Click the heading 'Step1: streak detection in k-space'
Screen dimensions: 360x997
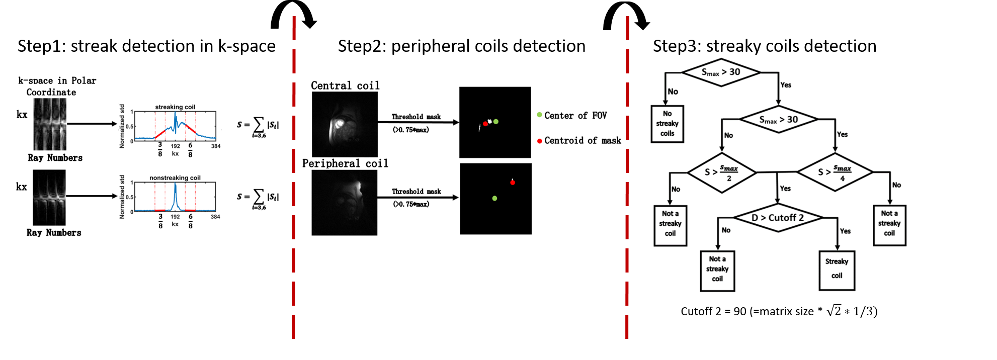point(146,46)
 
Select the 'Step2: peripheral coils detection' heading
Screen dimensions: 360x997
point(461,46)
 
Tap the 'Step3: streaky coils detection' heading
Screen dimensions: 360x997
point(764,46)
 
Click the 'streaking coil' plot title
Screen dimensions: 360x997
point(175,107)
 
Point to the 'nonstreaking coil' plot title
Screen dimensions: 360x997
point(175,178)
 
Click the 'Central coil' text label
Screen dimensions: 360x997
point(345,85)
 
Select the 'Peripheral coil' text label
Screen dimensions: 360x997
point(345,163)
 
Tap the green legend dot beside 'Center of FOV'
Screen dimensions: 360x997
point(540,115)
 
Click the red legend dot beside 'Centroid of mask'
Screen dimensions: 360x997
point(540,141)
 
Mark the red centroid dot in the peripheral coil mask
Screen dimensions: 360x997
point(513,183)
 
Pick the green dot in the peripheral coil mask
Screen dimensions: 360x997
point(494,199)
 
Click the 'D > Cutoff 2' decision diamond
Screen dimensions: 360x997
point(778,218)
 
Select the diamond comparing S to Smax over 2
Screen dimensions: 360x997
point(721,172)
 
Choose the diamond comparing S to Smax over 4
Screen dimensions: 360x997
point(835,172)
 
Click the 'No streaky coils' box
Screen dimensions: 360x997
point(667,124)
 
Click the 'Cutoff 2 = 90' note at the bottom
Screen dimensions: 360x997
point(779,311)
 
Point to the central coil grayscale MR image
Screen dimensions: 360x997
point(345,124)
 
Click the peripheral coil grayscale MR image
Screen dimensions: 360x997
point(345,203)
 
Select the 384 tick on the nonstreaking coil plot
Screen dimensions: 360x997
point(215,217)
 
